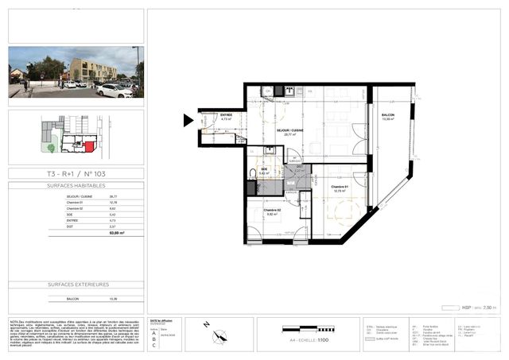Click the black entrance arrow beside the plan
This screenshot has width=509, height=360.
[188, 120]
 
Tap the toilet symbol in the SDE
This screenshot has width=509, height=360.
[252, 172]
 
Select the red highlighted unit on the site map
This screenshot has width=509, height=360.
[90, 147]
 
